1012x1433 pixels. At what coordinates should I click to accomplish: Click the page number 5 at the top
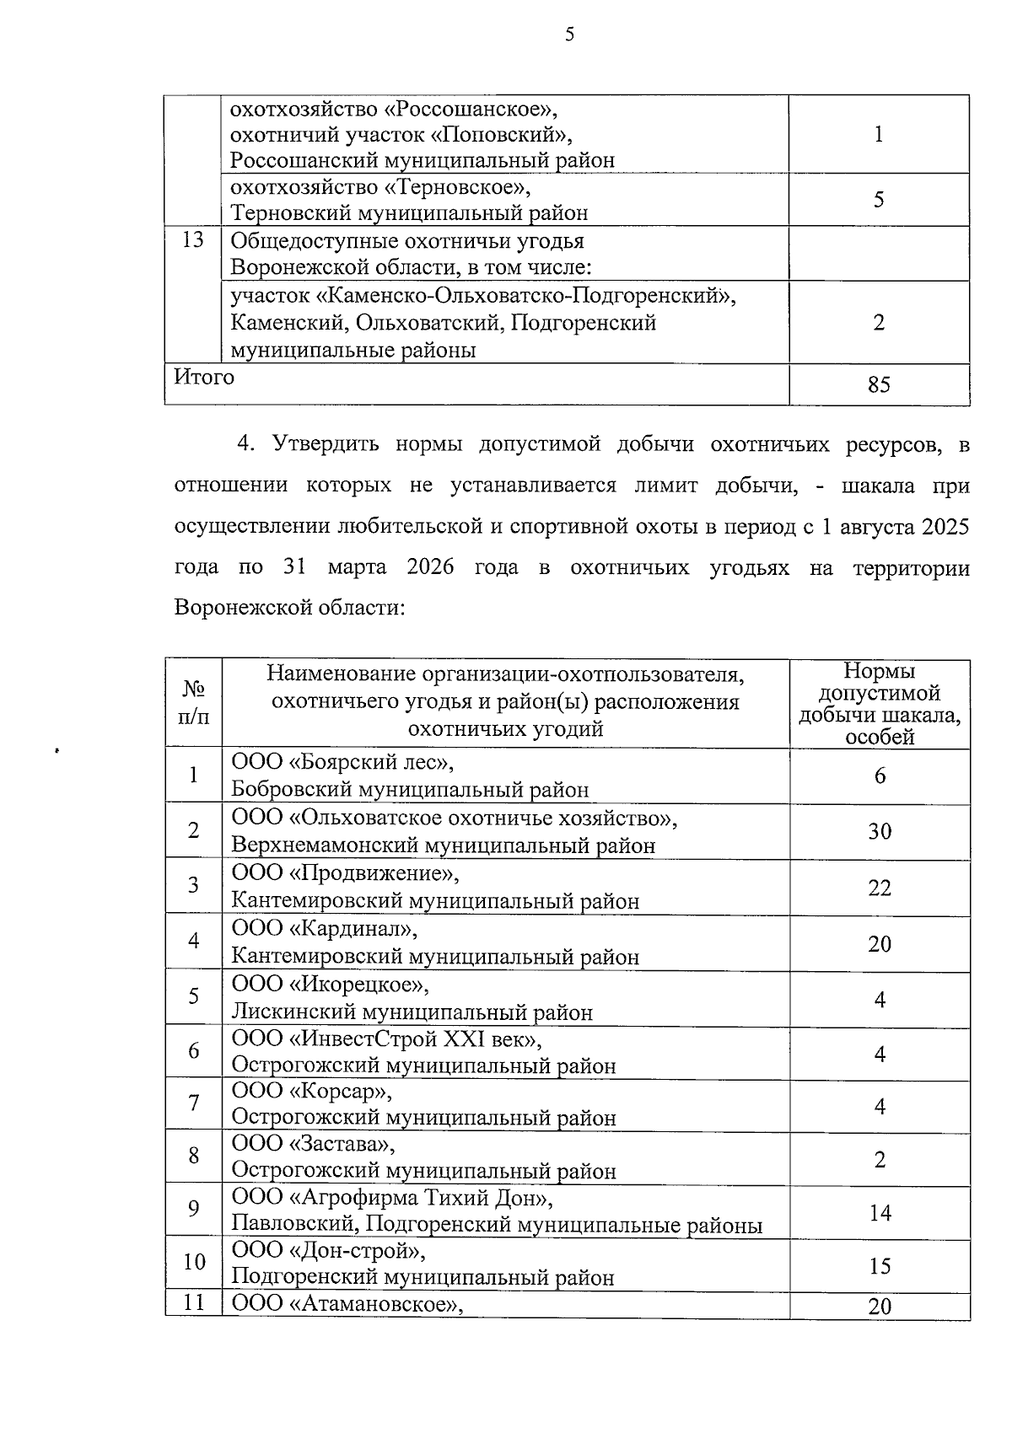(569, 35)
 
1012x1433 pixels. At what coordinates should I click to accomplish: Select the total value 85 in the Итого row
(879, 385)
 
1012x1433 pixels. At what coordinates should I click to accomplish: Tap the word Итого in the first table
(204, 377)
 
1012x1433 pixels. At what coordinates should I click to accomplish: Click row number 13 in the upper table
(193, 240)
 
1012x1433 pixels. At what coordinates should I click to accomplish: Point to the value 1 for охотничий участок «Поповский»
(879, 135)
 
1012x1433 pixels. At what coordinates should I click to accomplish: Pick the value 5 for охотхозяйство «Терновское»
(879, 200)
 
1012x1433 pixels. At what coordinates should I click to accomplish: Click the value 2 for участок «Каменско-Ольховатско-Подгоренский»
(879, 323)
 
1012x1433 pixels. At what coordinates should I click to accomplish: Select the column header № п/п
(193, 703)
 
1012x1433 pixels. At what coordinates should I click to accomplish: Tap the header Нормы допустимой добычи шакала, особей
(880, 704)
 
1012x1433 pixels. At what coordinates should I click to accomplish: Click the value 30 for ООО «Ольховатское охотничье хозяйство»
(880, 832)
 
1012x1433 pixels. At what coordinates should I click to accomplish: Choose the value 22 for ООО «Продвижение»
(880, 888)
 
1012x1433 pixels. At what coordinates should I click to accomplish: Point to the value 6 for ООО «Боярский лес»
(880, 776)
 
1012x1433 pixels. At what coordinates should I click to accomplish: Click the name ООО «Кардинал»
(325, 929)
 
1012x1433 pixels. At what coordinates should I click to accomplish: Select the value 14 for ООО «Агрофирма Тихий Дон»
(880, 1213)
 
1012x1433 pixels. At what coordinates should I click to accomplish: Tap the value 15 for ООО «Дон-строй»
(880, 1266)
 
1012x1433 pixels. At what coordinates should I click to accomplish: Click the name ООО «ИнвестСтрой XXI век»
(387, 1039)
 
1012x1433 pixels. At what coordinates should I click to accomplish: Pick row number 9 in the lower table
(193, 1209)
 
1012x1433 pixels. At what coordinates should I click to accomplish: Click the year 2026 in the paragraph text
(430, 567)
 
